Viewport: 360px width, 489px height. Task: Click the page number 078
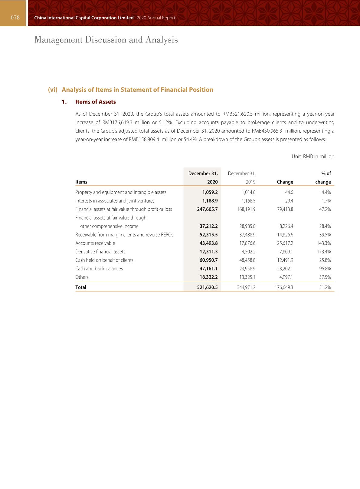point(15,18)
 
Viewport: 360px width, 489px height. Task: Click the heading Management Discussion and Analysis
point(106,40)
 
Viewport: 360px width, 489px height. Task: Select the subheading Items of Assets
point(95,102)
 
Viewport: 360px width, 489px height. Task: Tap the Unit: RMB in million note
point(313,156)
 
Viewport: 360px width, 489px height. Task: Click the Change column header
point(285,182)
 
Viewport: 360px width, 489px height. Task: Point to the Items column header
point(81,182)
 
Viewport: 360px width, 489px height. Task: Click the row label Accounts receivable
point(95,243)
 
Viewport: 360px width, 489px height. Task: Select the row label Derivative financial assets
point(100,252)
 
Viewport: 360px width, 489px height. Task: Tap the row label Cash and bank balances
point(99,269)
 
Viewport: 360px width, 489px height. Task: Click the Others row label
point(82,277)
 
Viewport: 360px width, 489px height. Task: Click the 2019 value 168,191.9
point(245,209)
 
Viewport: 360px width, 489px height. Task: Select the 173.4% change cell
point(324,252)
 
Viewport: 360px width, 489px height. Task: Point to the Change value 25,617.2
point(285,243)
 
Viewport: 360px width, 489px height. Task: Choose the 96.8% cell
point(325,269)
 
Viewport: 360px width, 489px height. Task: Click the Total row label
point(81,287)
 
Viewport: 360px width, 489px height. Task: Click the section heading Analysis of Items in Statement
point(137,90)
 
